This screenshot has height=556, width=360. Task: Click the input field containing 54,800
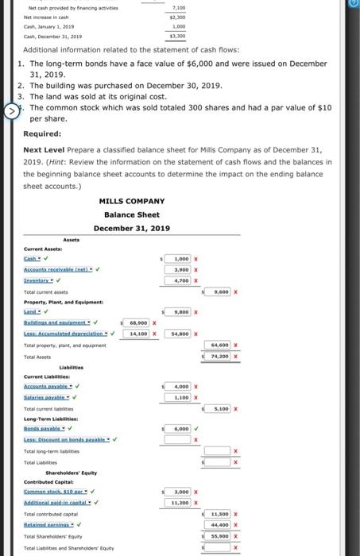[x=179, y=334]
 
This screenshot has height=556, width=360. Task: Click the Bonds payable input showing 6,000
[x=179, y=429]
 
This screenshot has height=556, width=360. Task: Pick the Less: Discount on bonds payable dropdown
[x=65, y=439]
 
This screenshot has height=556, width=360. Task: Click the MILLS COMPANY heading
[x=132, y=201]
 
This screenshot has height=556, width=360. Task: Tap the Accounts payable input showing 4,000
[x=179, y=386]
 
